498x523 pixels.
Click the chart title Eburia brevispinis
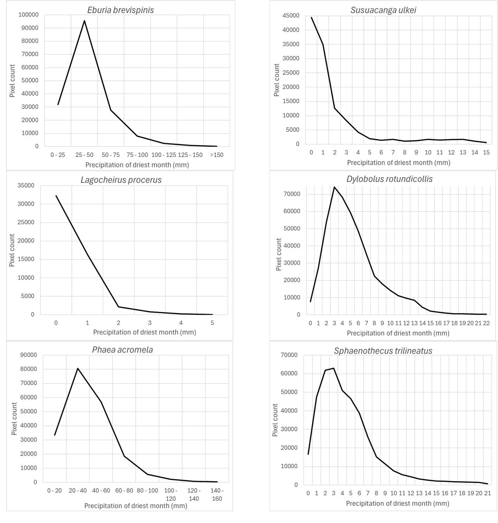coord(120,10)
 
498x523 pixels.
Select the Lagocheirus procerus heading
coord(121,180)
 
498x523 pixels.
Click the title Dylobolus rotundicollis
coord(389,179)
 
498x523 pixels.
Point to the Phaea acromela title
coord(122,349)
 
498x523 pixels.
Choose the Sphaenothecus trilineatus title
coord(383,351)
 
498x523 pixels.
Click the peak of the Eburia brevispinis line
coord(84,20)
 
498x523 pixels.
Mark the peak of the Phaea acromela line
coord(78,368)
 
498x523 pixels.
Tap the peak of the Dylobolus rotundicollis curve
coord(334,187)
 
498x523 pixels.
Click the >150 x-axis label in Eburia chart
coord(216,155)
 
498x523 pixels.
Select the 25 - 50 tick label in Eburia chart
coord(84,155)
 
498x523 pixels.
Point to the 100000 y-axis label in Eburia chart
coord(29,15)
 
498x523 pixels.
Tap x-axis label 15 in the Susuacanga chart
coord(486,152)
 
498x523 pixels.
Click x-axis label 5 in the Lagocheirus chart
coord(212,323)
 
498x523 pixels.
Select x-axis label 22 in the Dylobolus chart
coord(486,323)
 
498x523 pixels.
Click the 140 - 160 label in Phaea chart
coord(217,494)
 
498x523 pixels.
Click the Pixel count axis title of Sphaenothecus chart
coord(275,420)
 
